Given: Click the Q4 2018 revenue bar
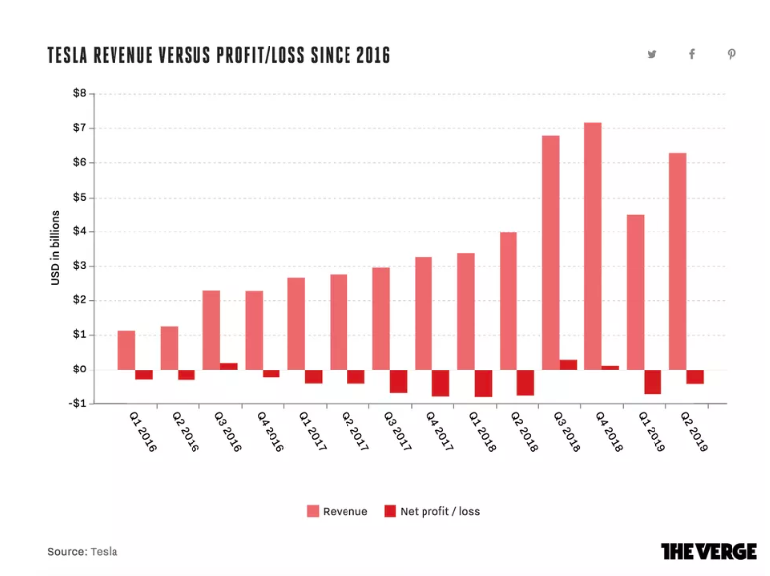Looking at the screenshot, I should tap(592, 245).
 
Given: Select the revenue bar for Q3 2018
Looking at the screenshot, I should tap(550, 252).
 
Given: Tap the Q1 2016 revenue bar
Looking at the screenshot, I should tap(126, 350).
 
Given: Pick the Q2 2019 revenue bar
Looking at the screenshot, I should tap(677, 261).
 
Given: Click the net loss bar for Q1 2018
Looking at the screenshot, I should tap(483, 383).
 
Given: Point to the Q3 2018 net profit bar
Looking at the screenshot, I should tap(568, 365).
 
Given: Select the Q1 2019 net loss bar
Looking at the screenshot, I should tap(653, 381).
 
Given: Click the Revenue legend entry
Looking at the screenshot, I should tap(337, 511).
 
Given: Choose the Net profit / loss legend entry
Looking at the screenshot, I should tap(431, 511).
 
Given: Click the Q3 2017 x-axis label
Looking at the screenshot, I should tap(397, 433).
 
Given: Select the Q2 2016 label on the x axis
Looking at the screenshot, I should tap(184, 433).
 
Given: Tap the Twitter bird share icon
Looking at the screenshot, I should tap(653, 55).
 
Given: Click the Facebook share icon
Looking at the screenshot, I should tap(692, 55).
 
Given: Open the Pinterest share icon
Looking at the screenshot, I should tap(731, 55).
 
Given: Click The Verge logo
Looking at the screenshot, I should tap(709, 551).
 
